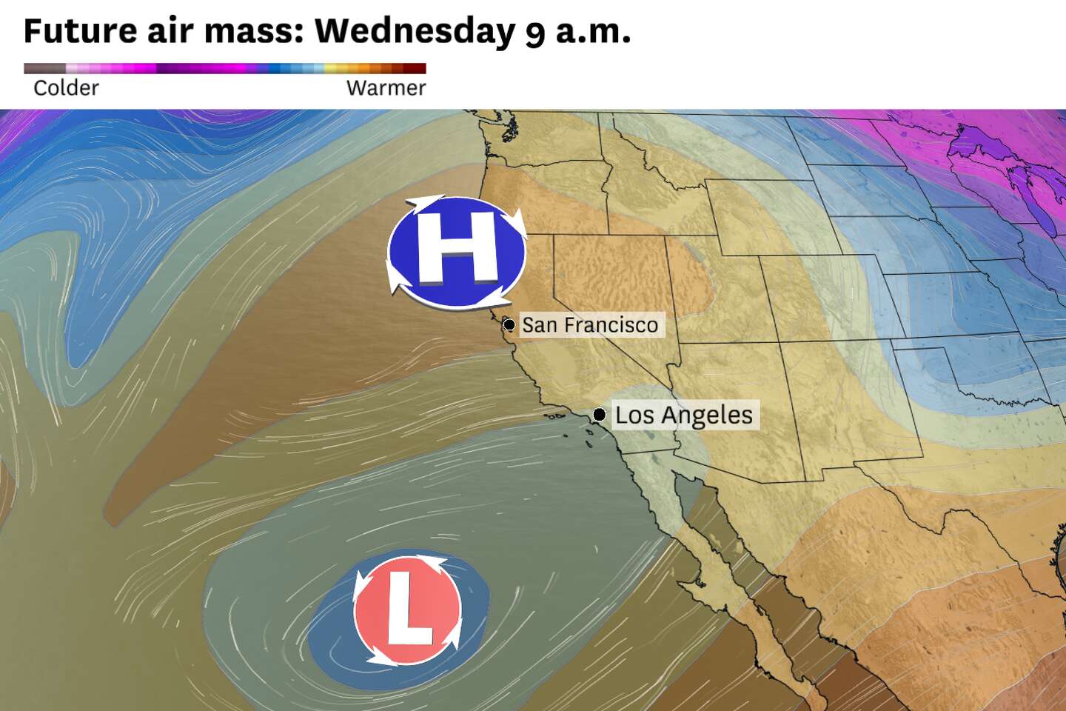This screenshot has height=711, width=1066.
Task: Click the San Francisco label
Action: click(590, 325)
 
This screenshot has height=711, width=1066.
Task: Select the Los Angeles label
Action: click(683, 415)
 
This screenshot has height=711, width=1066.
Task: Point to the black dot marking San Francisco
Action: click(509, 324)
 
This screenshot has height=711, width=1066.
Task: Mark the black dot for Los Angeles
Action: click(599, 414)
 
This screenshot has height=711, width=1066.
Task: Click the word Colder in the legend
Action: click(66, 88)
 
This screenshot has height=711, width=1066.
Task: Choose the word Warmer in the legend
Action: click(386, 88)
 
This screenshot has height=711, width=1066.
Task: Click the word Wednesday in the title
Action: click(415, 32)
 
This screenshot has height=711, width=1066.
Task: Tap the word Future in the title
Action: click(80, 32)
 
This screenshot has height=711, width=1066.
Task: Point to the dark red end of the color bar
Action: click(419, 69)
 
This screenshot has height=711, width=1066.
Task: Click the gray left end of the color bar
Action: click(37, 69)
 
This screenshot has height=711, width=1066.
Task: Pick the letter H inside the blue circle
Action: click(457, 247)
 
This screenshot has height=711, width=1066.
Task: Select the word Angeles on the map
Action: click(707, 415)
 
